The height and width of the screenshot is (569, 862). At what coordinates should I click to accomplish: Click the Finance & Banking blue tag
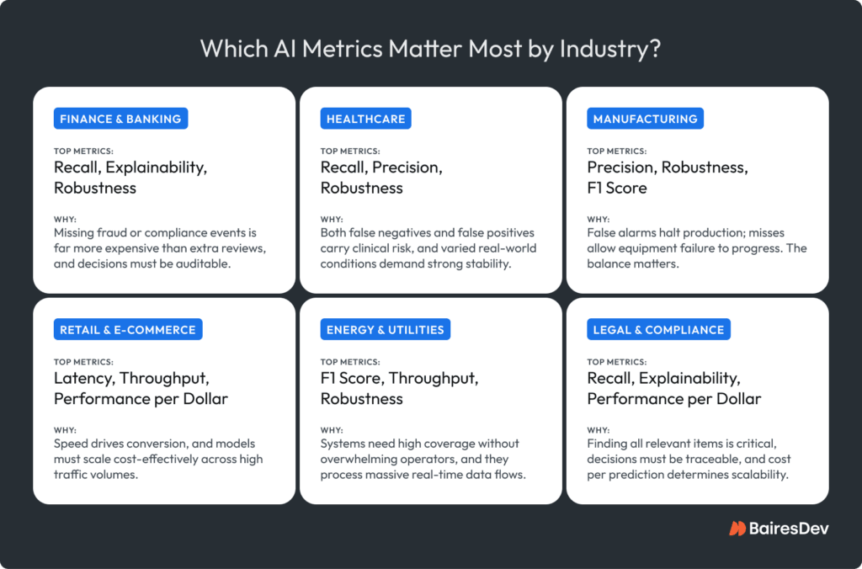[x=120, y=119]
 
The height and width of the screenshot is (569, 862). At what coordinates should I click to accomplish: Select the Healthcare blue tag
[x=366, y=119]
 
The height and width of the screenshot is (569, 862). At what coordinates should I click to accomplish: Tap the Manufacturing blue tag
[x=645, y=119]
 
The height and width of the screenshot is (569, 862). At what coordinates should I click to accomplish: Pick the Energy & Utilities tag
[x=385, y=329]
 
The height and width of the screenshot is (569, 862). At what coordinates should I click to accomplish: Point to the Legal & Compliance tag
[x=658, y=329]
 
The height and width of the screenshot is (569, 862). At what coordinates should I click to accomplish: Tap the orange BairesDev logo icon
[x=737, y=529]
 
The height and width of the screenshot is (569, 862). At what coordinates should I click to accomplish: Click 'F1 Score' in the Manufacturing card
[x=617, y=188]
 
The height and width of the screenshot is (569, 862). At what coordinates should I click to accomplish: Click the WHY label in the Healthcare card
[x=331, y=218]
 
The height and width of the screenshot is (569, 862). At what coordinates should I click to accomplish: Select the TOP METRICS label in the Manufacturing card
[x=617, y=152]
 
